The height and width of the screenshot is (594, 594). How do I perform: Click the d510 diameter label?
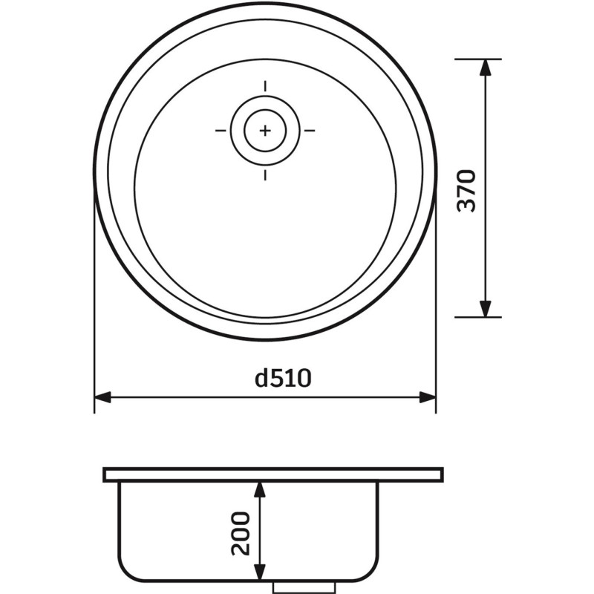(x=283, y=378)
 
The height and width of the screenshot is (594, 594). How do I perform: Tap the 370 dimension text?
(x=466, y=191)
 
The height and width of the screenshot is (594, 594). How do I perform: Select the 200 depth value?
(x=241, y=533)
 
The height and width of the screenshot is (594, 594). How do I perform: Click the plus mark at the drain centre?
(x=265, y=131)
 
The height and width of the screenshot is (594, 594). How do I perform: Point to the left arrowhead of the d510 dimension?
(x=102, y=397)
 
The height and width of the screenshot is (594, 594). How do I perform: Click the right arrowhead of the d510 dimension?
(x=428, y=397)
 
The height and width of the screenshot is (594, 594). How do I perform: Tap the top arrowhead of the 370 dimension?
(x=486, y=68)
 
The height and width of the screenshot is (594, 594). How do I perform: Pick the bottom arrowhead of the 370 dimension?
(x=486, y=309)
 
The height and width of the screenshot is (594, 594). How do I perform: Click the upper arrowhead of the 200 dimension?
(x=259, y=490)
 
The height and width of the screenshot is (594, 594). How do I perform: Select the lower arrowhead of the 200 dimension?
(x=259, y=572)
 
